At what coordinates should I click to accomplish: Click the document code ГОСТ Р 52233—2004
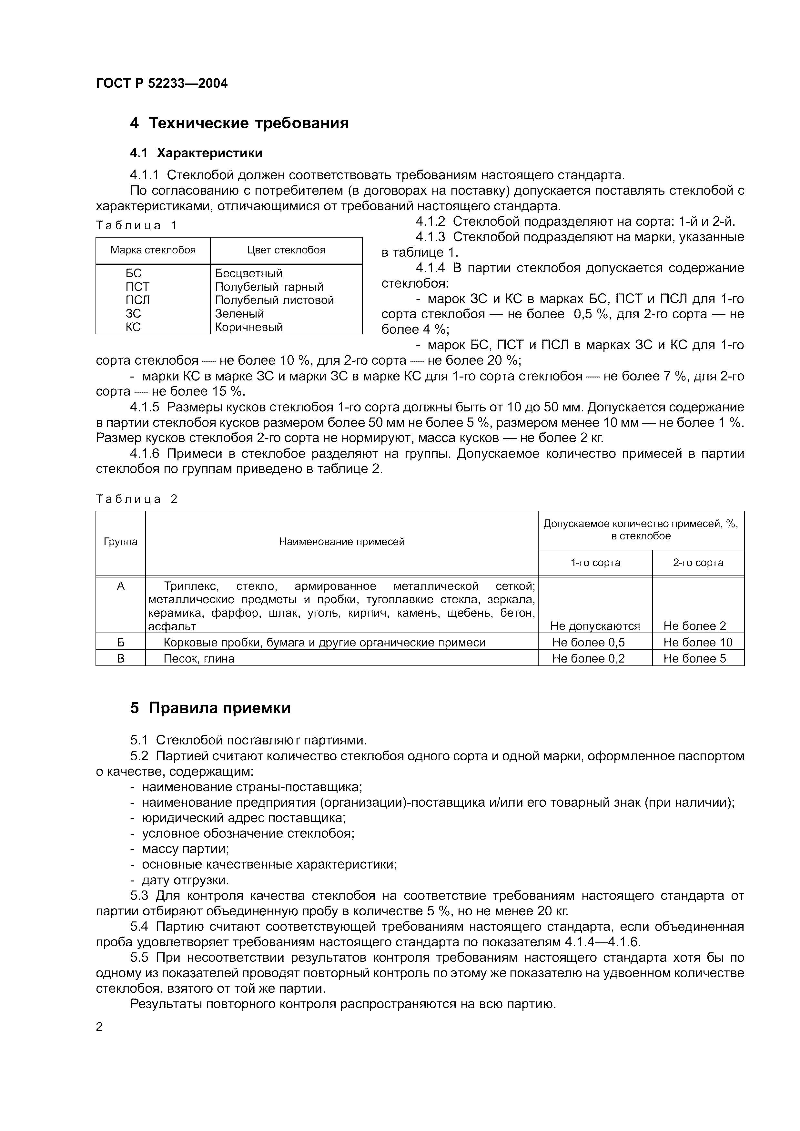tap(162, 83)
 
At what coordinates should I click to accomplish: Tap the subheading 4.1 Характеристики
tap(196, 153)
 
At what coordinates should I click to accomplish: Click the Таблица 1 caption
tap(136, 226)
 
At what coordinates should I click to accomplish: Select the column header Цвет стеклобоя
tap(286, 250)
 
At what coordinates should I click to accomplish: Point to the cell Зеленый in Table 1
tap(239, 314)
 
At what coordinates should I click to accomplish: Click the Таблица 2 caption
tap(136, 499)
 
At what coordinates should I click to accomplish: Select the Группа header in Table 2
tap(120, 542)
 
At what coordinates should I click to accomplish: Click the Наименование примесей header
tap(342, 542)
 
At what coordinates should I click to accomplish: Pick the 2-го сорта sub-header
tap(698, 563)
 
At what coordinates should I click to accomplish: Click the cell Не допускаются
tap(595, 626)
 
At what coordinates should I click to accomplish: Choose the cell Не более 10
tap(698, 642)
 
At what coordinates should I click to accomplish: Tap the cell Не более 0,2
tap(589, 659)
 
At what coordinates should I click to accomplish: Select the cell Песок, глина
tap(199, 659)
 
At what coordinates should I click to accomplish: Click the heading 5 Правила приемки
tap(210, 708)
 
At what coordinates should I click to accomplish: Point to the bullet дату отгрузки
tap(185, 880)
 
